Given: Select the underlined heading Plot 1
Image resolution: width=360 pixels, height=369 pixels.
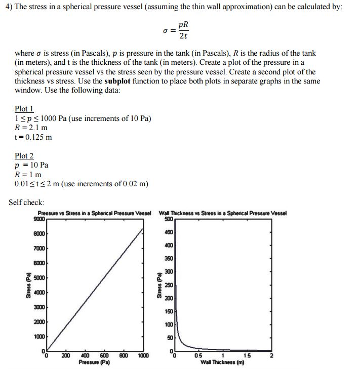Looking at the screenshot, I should coord(24,109).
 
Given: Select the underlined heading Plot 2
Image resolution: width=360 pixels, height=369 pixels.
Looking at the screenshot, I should coord(24,156).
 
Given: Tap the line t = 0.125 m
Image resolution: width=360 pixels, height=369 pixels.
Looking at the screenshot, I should coord(33,137).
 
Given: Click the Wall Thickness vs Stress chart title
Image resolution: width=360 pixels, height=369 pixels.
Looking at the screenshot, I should coord(222,213).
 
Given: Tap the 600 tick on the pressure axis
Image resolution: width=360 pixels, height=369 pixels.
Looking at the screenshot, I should coord(105,356).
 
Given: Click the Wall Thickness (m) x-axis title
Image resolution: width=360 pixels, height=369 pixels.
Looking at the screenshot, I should coord(222,362).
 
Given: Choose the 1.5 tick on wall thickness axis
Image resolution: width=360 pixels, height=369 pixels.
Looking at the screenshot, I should coord(247,356).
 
